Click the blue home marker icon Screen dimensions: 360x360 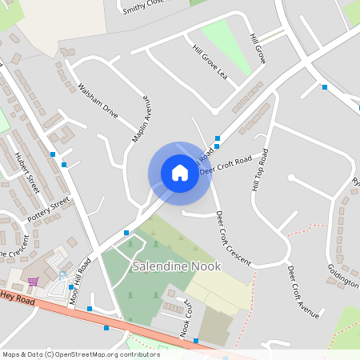pyautogui.click(x=180, y=173)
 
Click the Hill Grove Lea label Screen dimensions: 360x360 pyautogui.click(x=210, y=61)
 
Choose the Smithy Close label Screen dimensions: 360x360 pyautogui.click(x=144, y=7)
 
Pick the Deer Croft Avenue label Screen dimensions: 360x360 pyautogui.click(x=303, y=291)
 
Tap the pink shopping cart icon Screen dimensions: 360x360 pyautogui.click(x=33, y=281)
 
